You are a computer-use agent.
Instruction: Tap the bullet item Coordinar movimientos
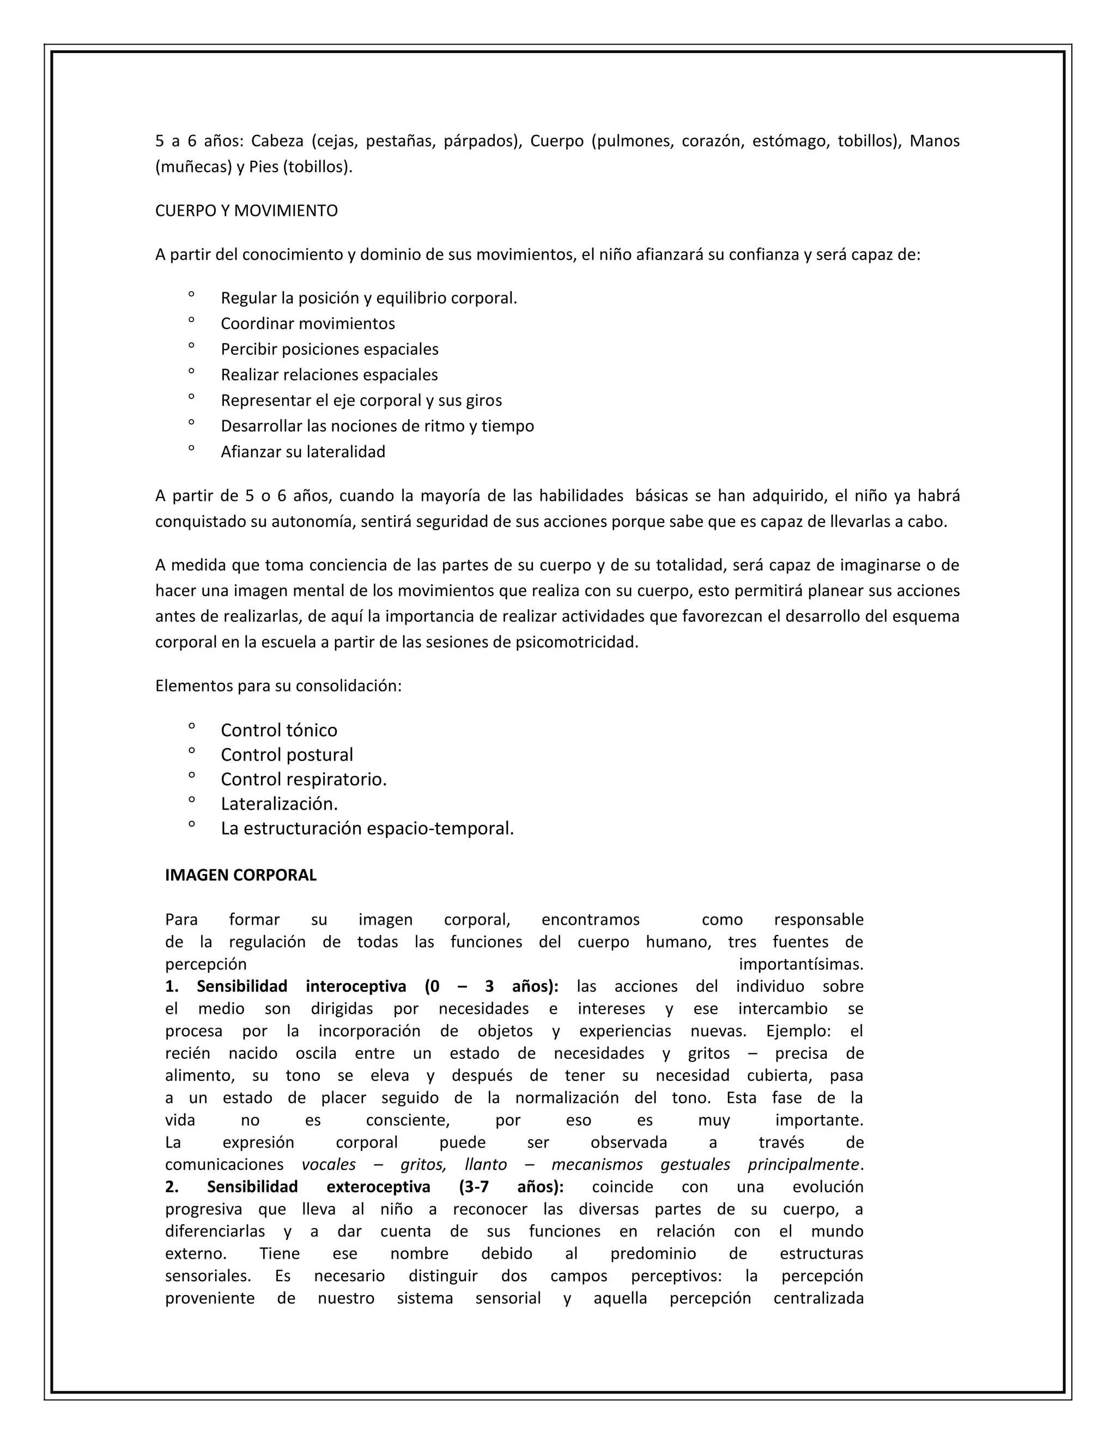tap(307, 323)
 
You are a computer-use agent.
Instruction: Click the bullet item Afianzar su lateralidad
tap(303, 452)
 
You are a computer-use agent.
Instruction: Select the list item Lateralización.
tap(279, 803)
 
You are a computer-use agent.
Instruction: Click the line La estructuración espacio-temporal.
tap(367, 828)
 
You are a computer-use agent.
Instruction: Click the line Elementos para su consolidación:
tap(278, 685)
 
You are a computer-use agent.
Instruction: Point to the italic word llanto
tap(486, 1164)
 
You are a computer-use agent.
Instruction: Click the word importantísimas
tap(800, 964)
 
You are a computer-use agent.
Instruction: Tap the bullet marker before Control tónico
tap(191, 726)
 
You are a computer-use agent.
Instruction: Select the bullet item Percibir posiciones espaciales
tap(329, 349)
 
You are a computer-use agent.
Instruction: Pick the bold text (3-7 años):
tap(511, 1187)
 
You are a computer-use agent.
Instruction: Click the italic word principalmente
tap(803, 1164)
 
